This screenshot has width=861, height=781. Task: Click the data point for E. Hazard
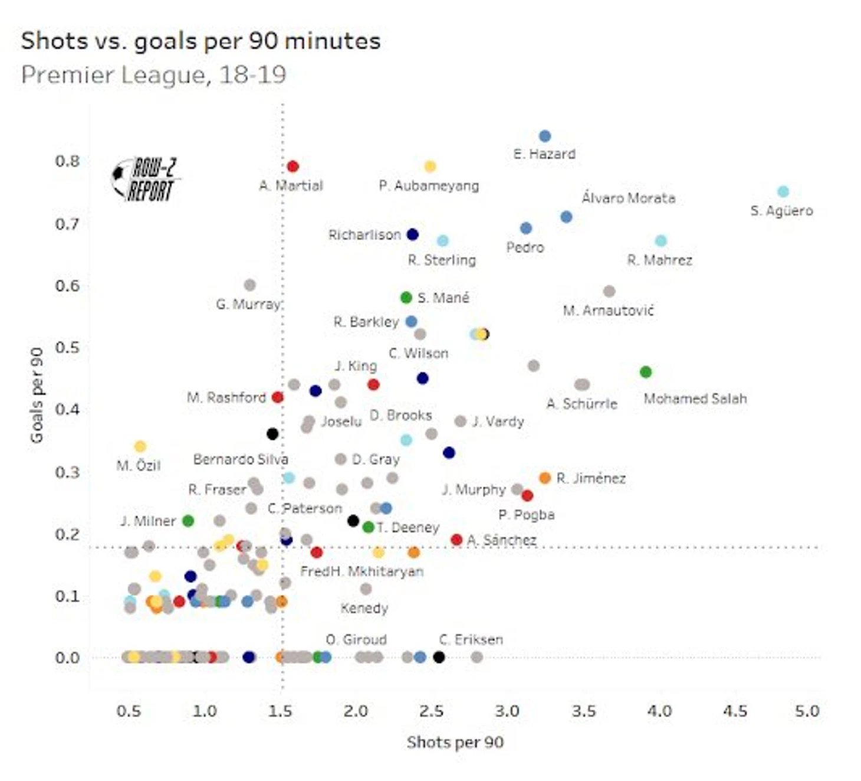[545, 136]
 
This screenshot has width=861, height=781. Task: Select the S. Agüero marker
[783, 191]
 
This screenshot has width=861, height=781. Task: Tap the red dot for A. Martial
[293, 166]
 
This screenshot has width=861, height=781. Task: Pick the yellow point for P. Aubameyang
[430, 166]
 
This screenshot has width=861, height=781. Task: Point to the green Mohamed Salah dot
[645, 372]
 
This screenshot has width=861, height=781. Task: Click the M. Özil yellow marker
[140, 446]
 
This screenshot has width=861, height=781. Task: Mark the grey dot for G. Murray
[249, 285]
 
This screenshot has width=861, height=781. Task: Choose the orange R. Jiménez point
[545, 478]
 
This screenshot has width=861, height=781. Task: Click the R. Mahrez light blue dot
[660, 241]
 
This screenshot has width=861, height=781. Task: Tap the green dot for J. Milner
[188, 521]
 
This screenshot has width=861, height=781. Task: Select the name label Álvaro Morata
[628, 198]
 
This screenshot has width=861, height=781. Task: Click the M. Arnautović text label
[608, 311]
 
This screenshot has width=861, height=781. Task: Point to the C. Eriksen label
[471, 639]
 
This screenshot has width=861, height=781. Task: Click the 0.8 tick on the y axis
[67, 161]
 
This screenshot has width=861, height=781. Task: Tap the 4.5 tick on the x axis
[735, 711]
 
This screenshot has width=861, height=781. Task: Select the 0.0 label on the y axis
[67, 657]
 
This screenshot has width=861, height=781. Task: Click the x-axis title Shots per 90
[455, 742]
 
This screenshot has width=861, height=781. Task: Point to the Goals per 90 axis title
[37, 395]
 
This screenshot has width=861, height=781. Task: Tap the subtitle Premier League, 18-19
[153, 75]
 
